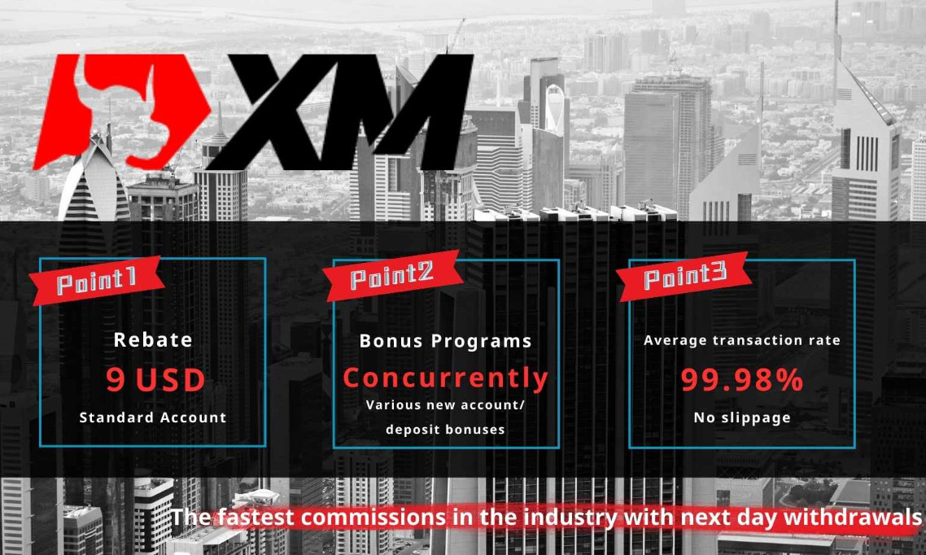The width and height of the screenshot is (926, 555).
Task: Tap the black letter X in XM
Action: tap(277, 112)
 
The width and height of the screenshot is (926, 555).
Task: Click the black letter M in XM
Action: tap(408, 112)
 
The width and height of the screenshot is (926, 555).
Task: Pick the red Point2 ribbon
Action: tap(391, 276)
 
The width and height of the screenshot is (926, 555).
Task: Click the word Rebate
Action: tap(153, 340)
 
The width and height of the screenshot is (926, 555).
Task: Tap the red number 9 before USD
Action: tap(116, 380)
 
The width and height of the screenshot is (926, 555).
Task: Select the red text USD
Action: tap(171, 380)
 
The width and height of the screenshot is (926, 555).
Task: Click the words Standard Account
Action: tap(153, 417)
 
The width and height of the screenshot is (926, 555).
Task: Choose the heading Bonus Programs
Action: tap(445, 341)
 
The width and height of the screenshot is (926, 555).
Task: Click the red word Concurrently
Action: tap(445, 378)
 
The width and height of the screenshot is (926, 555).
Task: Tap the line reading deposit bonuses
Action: tap(445, 430)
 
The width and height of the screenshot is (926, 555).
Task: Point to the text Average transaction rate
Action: tap(742, 341)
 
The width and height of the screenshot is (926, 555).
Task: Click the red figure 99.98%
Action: tap(742, 380)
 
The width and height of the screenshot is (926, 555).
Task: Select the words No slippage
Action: tap(742, 418)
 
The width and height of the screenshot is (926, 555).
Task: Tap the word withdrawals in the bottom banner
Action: tap(852, 518)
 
